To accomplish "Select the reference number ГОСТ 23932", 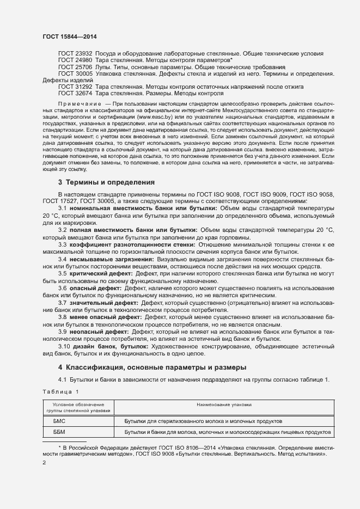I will pyautogui.click(x=75, y=53).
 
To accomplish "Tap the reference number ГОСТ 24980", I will pyautogui.click(x=75, y=60).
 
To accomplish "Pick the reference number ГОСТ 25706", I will pyautogui.click(x=75, y=66).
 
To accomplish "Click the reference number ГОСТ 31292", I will pyautogui.click(x=75, y=87).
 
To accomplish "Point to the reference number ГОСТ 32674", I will pyautogui.click(x=75, y=93).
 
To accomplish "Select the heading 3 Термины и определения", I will pyautogui.click(x=106, y=182).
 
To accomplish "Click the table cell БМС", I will pyautogui.click(x=59, y=421).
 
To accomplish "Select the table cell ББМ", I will pyautogui.click(x=59, y=432).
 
